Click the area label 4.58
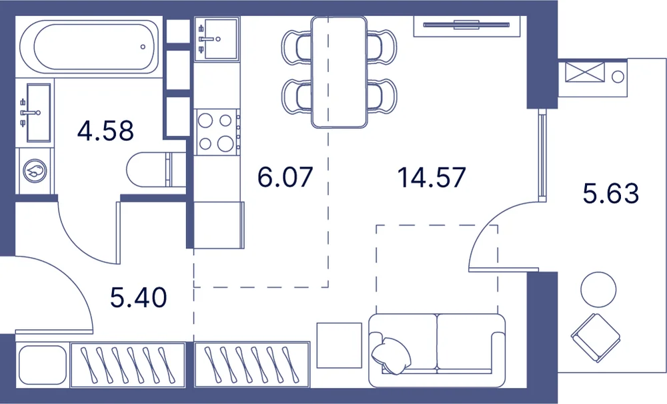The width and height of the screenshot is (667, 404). click(x=105, y=131)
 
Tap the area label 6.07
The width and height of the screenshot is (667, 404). click(x=285, y=177)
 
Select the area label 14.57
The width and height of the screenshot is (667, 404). click(x=432, y=177)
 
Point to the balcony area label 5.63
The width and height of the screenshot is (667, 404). click(x=611, y=193)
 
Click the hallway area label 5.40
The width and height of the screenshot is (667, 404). click(x=138, y=298)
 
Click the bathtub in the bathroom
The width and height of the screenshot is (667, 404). click(x=91, y=47)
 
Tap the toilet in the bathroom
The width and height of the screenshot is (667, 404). click(x=155, y=170)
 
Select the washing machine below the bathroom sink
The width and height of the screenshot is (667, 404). click(x=35, y=171)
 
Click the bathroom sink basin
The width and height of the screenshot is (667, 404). click(x=38, y=113)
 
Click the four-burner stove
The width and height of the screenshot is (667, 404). click(x=217, y=132)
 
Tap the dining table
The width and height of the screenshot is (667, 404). click(x=339, y=72)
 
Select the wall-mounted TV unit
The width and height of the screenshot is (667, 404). click(x=467, y=25)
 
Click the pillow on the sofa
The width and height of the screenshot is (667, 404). click(x=391, y=355)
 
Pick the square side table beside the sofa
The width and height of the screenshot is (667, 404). click(x=340, y=345)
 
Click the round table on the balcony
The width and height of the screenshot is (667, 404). click(x=598, y=290)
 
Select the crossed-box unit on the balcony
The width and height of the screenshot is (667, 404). click(x=584, y=72)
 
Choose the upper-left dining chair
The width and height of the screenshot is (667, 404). click(x=297, y=47)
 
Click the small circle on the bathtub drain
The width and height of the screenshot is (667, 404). click(x=143, y=47)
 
